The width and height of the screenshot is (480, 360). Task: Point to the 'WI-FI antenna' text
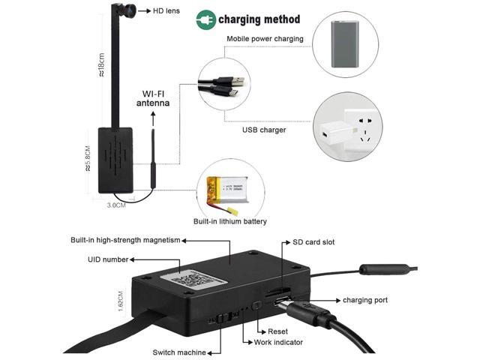[x=155, y=99]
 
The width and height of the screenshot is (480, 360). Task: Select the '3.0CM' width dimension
[x=115, y=204]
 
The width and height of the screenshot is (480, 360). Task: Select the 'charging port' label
[x=365, y=300]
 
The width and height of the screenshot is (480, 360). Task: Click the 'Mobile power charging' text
[x=265, y=38]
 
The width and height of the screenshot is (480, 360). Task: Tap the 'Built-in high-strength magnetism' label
[x=126, y=241]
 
